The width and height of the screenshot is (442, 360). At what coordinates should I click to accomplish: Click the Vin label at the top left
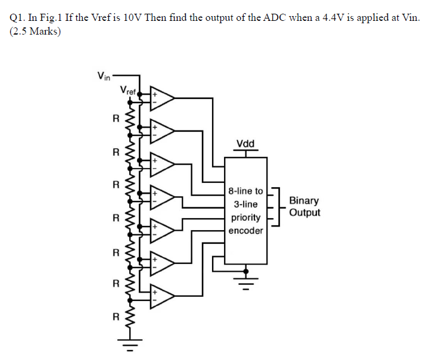[103, 76]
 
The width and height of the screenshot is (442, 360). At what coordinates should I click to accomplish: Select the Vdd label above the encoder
[245, 144]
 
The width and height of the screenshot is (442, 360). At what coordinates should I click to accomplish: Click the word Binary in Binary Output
[304, 201]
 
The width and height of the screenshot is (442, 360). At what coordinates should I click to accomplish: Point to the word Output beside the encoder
[304, 213]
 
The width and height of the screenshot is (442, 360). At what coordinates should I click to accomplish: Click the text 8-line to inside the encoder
[245, 191]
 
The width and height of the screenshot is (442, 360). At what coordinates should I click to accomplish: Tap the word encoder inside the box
[245, 231]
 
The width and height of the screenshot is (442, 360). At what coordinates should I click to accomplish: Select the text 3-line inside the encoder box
[245, 204]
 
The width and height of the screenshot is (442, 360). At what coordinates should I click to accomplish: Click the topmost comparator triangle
[162, 98]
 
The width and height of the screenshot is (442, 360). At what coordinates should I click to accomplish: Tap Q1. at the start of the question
[18, 18]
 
